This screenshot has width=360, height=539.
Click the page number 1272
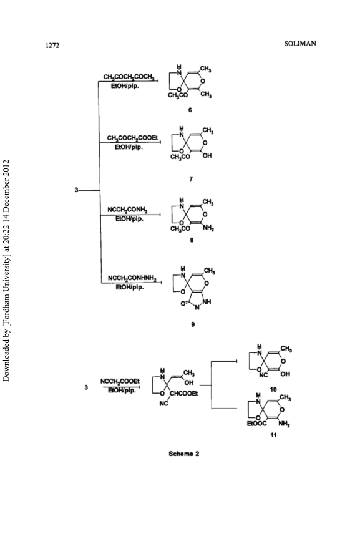(x=52, y=46)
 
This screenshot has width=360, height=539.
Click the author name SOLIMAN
(x=301, y=44)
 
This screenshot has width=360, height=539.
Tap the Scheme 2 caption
(x=183, y=454)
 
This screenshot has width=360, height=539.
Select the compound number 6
(x=190, y=110)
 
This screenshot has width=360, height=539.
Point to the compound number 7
(x=191, y=179)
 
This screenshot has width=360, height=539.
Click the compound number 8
(x=192, y=240)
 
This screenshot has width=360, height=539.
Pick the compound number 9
(x=193, y=324)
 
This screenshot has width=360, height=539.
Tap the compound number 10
(x=273, y=389)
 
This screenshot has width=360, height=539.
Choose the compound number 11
(x=273, y=435)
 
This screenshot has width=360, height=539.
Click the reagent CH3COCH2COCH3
(x=129, y=77)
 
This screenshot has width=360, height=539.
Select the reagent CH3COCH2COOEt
(x=132, y=138)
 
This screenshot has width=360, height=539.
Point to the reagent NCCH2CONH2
(x=127, y=210)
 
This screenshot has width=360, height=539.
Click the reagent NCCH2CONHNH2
(x=132, y=278)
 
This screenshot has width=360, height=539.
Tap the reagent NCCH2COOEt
(x=120, y=382)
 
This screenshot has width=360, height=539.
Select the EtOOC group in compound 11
(x=256, y=424)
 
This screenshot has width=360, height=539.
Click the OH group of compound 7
(x=207, y=156)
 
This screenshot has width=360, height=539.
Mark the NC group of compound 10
(x=263, y=375)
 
